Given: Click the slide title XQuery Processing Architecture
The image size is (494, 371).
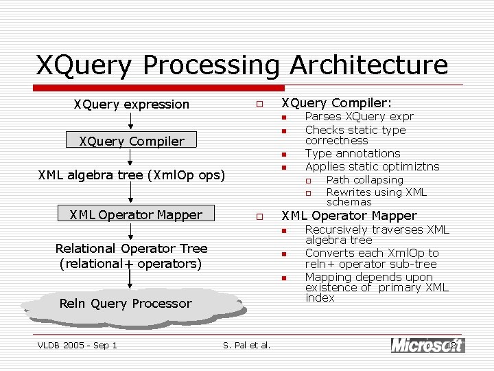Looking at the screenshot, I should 242,65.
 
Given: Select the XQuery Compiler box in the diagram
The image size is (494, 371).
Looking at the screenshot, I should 131,142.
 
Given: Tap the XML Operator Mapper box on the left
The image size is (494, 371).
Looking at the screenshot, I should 136,215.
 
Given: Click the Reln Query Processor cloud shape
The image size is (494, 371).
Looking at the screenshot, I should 126,304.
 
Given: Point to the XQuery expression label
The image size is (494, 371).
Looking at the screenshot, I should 131,104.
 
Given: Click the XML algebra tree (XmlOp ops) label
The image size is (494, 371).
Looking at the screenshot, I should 131,175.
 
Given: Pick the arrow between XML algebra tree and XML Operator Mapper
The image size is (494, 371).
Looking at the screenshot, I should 131,194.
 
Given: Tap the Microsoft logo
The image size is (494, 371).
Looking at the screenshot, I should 427,345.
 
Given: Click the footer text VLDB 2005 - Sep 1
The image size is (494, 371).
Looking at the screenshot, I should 77,345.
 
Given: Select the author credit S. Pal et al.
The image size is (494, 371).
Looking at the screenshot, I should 246,345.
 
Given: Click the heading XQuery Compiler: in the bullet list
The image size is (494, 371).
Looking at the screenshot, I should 337,103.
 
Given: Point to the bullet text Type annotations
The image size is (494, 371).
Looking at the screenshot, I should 352,153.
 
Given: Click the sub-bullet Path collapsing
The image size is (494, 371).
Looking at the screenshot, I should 364,180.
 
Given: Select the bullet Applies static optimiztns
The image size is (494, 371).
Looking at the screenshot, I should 372,166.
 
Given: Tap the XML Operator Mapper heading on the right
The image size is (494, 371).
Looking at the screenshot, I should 349,216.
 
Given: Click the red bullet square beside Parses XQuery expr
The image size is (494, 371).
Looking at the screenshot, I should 282,117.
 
